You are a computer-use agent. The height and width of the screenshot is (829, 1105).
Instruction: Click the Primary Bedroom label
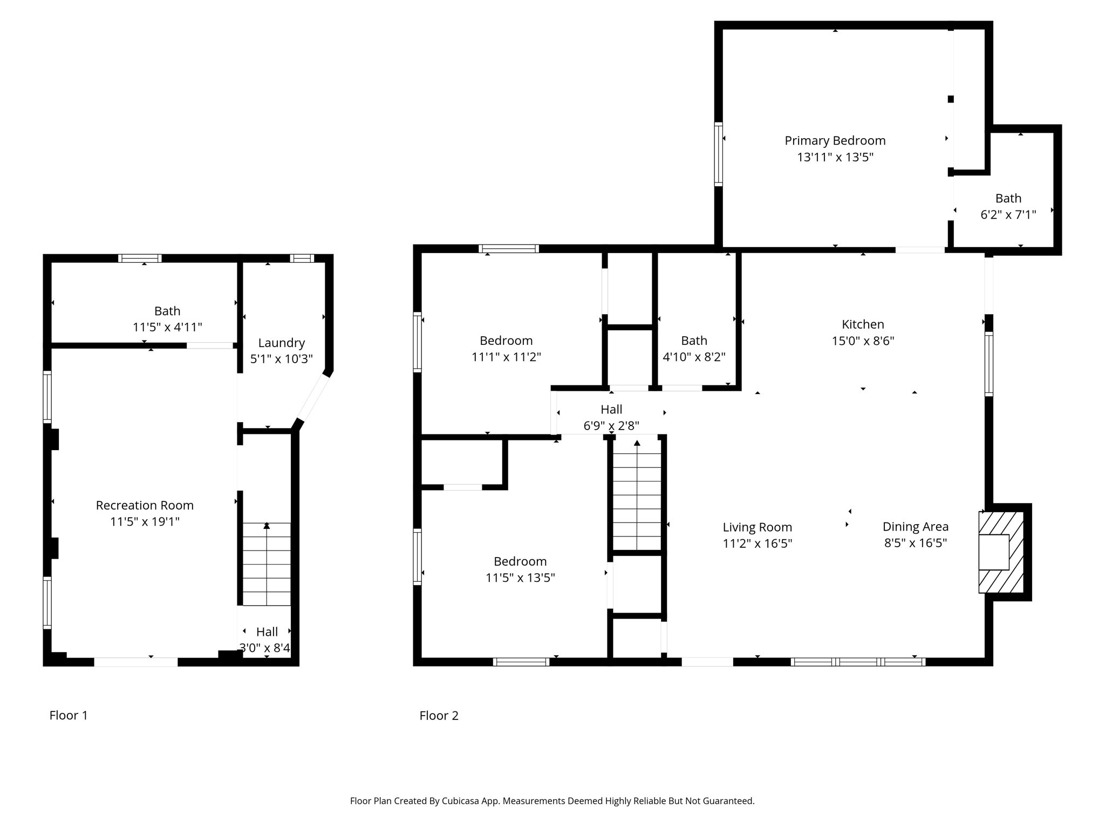click(835, 141)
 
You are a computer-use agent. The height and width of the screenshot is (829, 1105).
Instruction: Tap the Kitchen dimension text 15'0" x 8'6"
click(863, 341)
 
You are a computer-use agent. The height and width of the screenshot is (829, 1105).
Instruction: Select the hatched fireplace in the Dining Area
click(1001, 552)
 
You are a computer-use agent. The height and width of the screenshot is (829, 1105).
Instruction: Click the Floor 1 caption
click(69, 715)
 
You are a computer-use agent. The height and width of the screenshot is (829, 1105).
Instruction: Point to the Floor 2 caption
click(439, 715)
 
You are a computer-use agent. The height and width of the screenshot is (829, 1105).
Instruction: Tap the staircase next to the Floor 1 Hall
click(267, 564)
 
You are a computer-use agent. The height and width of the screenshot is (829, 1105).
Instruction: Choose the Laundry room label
click(281, 343)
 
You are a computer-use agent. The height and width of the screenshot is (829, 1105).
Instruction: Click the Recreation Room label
click(145, 505)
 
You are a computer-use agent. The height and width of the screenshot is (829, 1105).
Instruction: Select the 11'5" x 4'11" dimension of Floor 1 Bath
click(167, 327)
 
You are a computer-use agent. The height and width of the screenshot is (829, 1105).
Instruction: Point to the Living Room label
click(757, 527)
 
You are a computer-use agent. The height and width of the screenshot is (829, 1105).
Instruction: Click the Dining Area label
click(915, 527)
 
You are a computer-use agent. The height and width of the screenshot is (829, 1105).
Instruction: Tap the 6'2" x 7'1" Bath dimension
click(1008, 215)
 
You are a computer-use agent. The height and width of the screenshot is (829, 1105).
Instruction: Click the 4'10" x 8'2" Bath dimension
click(694, 357)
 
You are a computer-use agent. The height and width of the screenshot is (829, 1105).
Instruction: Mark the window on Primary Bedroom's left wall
click(718, 154)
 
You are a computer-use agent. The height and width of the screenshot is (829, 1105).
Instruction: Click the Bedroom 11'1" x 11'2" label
click(506, 341)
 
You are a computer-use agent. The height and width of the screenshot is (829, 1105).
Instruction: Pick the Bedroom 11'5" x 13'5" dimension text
click(520, 577)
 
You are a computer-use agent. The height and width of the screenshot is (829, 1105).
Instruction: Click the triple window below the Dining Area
click(858, 662)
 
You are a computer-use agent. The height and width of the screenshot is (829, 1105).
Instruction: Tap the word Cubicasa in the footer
click(461, 801)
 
